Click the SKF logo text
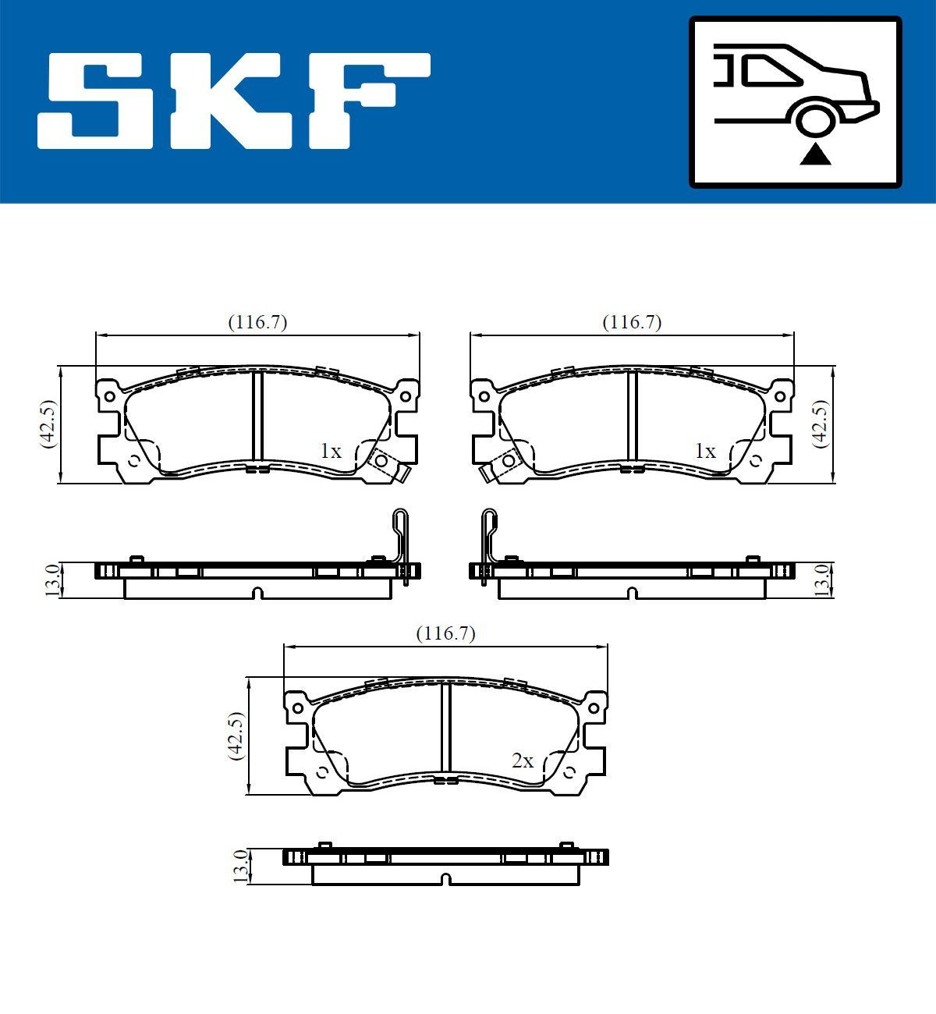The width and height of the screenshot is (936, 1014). coord(234,101)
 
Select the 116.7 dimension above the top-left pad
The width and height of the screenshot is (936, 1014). coord(257,322)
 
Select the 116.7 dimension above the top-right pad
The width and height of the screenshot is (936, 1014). coord(632,322)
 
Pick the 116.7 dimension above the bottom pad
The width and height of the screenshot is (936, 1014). coord(445,633)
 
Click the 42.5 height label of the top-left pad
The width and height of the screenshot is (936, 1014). coord(48,424)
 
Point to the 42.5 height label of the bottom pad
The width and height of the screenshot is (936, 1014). coord(236,735)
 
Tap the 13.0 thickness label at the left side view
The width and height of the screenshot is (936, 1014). coord(51,580)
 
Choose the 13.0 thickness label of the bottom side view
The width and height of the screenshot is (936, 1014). coord(241,866)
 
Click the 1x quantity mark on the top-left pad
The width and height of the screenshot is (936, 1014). coord(331,451)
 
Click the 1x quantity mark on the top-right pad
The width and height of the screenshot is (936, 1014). coord(705,451)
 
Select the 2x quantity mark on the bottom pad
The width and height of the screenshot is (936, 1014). coord(523,760)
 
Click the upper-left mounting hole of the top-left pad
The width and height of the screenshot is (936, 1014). coord(109,396)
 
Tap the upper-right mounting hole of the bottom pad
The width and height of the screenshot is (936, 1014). coord(594,707)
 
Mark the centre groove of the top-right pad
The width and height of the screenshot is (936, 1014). coord(633,417)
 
